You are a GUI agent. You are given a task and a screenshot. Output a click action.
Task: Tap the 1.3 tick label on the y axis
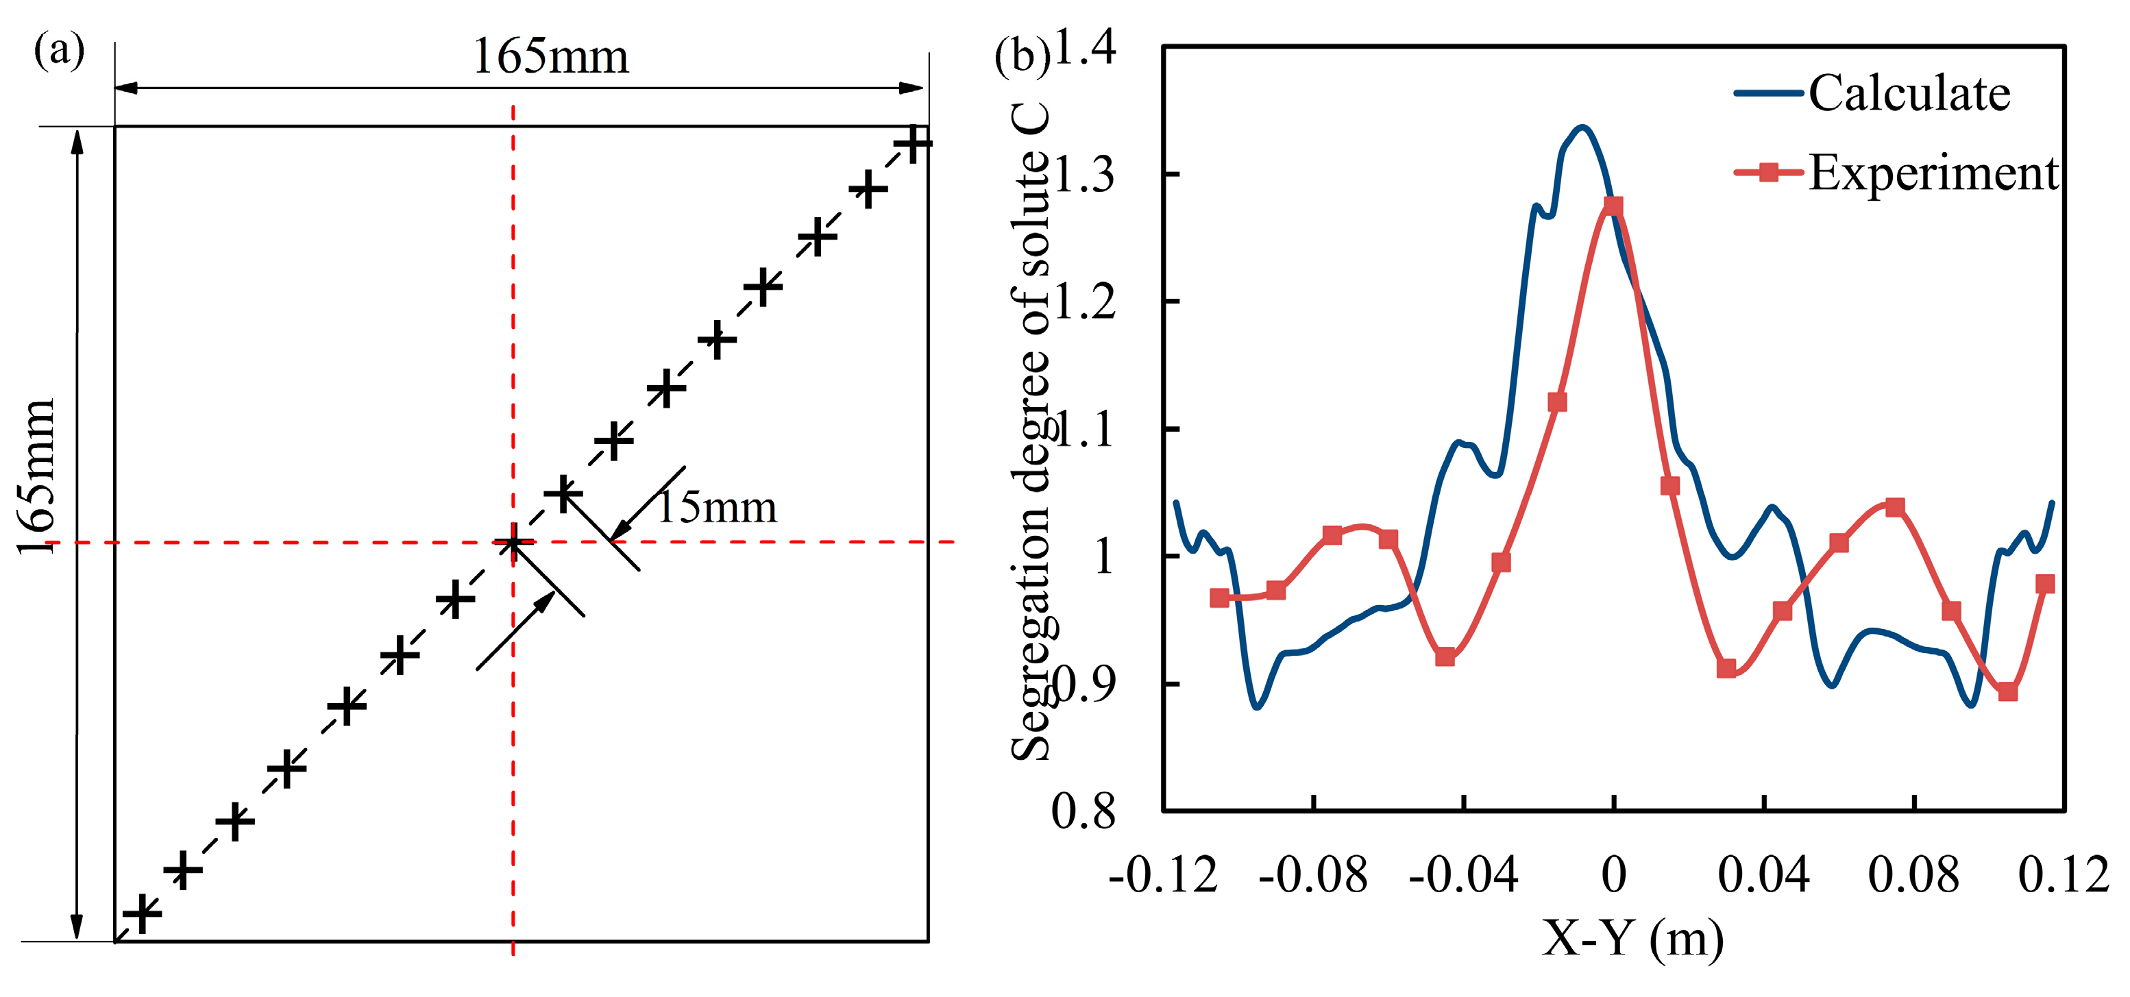(x=1084, y=175)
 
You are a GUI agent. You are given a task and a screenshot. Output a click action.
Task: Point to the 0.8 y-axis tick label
(x=1084, y=811)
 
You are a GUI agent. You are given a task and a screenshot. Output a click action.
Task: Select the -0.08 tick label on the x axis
(x=1313, y=874)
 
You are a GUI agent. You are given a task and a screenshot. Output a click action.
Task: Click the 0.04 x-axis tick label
(x=1764, y=874)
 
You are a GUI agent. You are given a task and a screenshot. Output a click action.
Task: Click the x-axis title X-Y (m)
(x=1633, y=938)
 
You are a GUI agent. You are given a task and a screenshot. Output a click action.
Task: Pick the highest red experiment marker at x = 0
(x=1613, y=206)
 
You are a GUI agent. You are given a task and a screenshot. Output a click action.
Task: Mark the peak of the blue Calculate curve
(x=1582, y=127)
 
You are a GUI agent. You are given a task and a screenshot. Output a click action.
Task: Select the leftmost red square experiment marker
(x=1220, y=598)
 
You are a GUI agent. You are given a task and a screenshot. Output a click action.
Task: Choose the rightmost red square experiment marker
(x=2045, y=584)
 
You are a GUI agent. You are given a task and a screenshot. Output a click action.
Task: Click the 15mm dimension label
(x=718, y=507)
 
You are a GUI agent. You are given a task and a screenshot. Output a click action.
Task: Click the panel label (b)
(x=1022, y=56)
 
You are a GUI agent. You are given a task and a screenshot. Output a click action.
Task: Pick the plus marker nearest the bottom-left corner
(x=143, y=913)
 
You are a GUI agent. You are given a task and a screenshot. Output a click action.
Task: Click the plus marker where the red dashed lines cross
(x=513, y=543)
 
